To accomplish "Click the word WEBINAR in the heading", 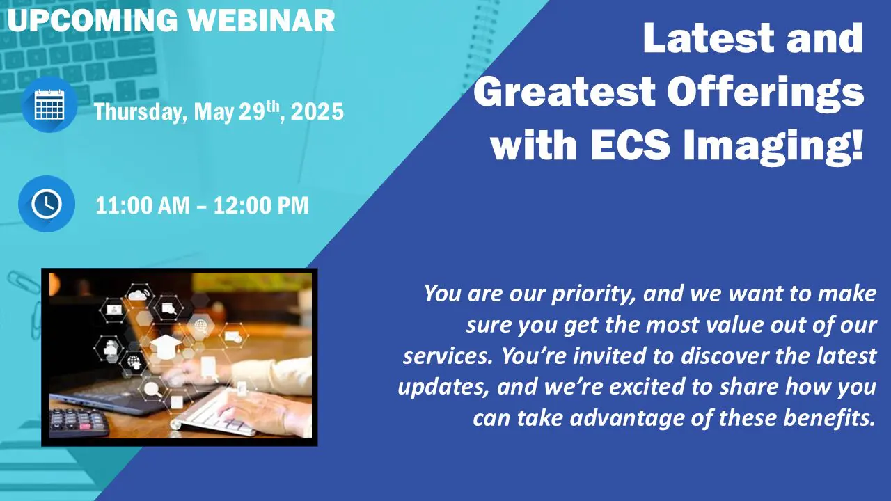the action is tap(262, 20).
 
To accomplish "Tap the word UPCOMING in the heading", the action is tap(93, 20).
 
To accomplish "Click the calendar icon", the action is tap(49, 104).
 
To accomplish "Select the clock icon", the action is tap(47, 204).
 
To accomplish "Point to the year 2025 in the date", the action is tap(317, 111).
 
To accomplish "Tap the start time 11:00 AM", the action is tap(143, 205).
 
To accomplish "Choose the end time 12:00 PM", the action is tap(261, 205).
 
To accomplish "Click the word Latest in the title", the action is tap(709, 38).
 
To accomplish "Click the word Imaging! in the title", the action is tap(773, 147).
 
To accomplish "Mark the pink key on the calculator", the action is tap(85, 427).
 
